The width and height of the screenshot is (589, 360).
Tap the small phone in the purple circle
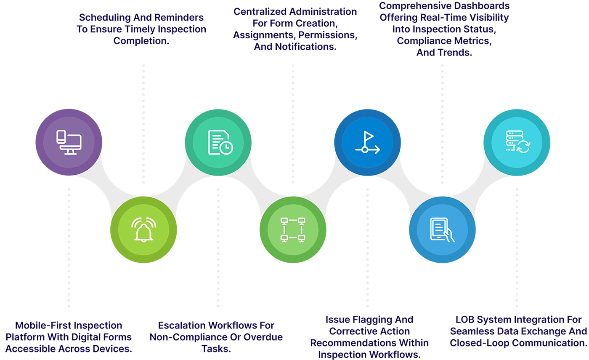point(61,137)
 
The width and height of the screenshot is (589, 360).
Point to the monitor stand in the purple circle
point(71,152)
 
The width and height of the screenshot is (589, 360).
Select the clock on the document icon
point(226,147)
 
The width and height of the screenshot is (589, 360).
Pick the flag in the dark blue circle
point(369,136)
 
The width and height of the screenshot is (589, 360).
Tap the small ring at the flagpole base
point(364,149)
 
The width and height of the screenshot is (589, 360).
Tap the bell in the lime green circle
point(143,231)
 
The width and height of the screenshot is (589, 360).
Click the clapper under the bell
point(143,241)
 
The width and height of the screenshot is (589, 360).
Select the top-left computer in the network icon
point(284,220)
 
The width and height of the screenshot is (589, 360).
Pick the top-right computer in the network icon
point(301,220)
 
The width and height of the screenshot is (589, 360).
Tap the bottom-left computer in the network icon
point(284,238)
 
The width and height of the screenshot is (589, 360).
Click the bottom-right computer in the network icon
point(301,238)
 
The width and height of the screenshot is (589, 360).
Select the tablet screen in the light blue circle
point(438,228)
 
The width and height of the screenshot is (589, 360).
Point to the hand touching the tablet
point(449,236)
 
